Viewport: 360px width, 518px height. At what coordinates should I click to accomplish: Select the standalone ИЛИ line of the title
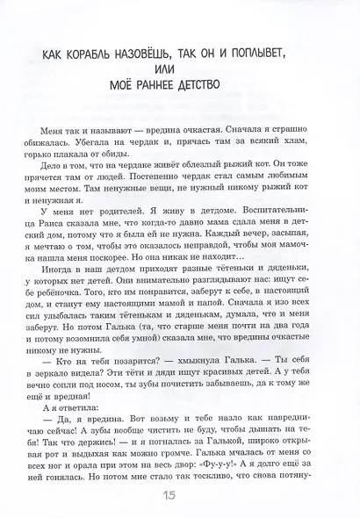[x=180, y=71]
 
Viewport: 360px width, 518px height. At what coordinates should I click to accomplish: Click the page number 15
[x=180, y=495]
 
